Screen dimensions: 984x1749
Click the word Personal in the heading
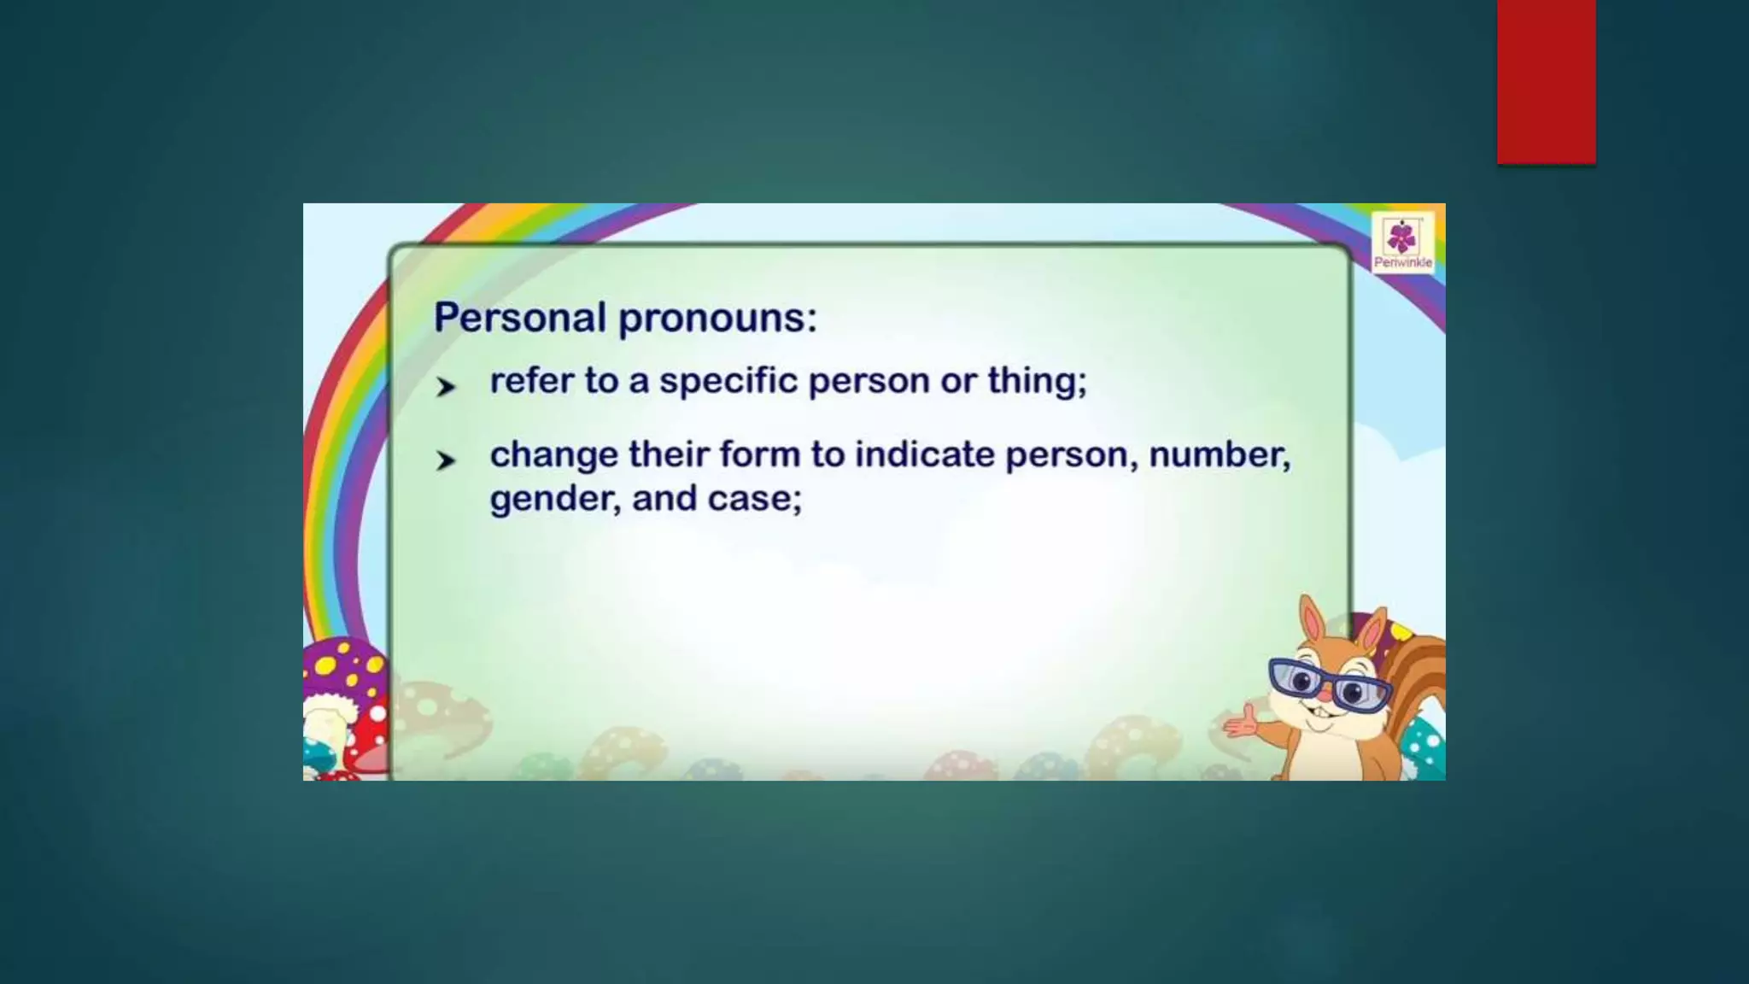(519, 318)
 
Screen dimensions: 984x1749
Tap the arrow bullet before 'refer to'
(445, 387)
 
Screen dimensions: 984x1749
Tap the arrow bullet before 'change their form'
(445, 460)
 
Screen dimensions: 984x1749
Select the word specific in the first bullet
(728, 381)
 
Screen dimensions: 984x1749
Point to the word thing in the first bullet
(1037, 381)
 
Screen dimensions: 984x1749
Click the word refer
(531, 381)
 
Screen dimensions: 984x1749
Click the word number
(1219, 454)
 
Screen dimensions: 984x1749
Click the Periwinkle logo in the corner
(1402, 243)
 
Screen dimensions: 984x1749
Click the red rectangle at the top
(1546, 82)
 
